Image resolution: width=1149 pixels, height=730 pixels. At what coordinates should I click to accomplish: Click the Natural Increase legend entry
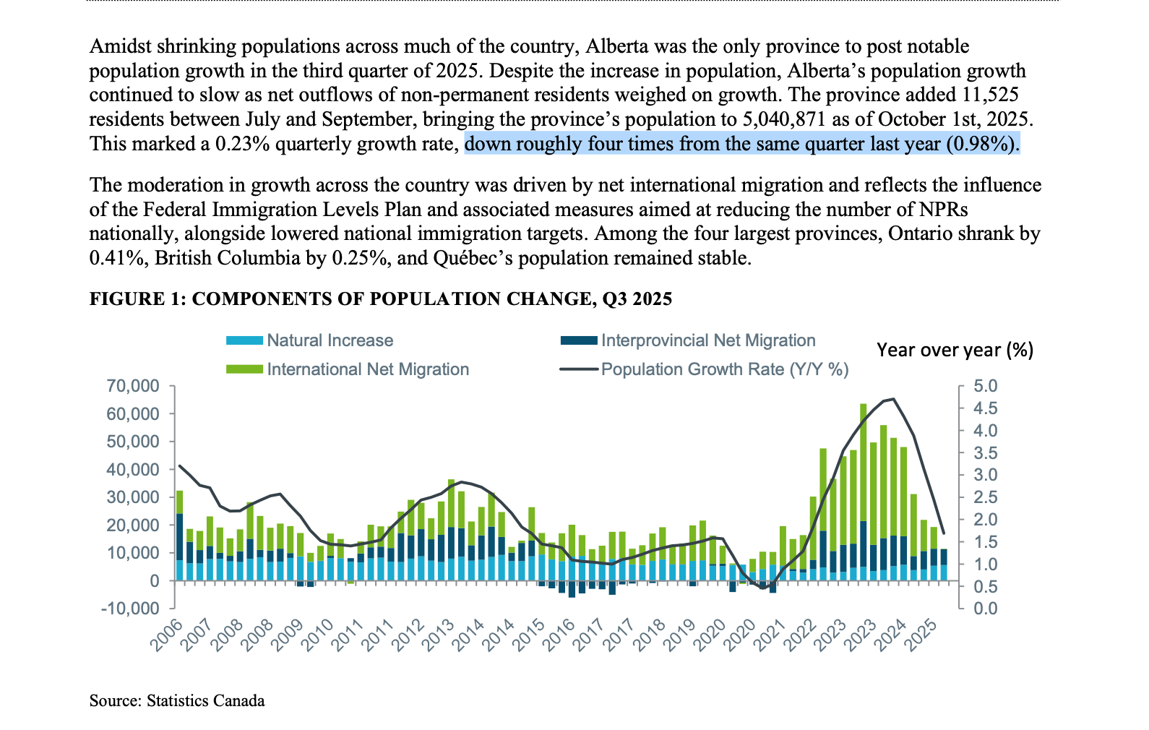[330, 340]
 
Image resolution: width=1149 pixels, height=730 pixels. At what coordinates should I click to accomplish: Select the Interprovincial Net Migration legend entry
[707, 340]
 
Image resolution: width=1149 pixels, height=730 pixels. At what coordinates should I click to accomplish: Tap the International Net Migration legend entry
[367, 369]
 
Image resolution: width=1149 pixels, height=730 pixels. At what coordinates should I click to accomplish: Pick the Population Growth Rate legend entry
[724, 369]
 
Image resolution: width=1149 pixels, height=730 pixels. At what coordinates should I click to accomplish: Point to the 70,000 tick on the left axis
[133, 386]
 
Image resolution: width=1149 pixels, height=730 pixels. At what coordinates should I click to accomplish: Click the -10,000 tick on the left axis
[129, 609]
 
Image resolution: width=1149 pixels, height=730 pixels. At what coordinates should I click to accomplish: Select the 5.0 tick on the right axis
[985, 386]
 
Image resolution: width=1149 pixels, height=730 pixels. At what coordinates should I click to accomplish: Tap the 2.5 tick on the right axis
[985, 497]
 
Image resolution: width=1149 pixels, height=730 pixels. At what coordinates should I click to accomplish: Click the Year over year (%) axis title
[955, 350]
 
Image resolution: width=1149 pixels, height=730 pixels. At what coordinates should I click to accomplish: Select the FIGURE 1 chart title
[380, 299]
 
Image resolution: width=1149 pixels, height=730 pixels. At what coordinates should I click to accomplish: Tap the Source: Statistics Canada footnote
[177, 700]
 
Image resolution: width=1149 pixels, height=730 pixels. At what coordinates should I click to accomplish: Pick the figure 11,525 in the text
[990, 95]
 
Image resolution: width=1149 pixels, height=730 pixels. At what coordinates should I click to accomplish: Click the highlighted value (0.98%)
[982, 144]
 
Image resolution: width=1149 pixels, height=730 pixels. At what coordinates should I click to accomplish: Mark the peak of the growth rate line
[894, 399]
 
